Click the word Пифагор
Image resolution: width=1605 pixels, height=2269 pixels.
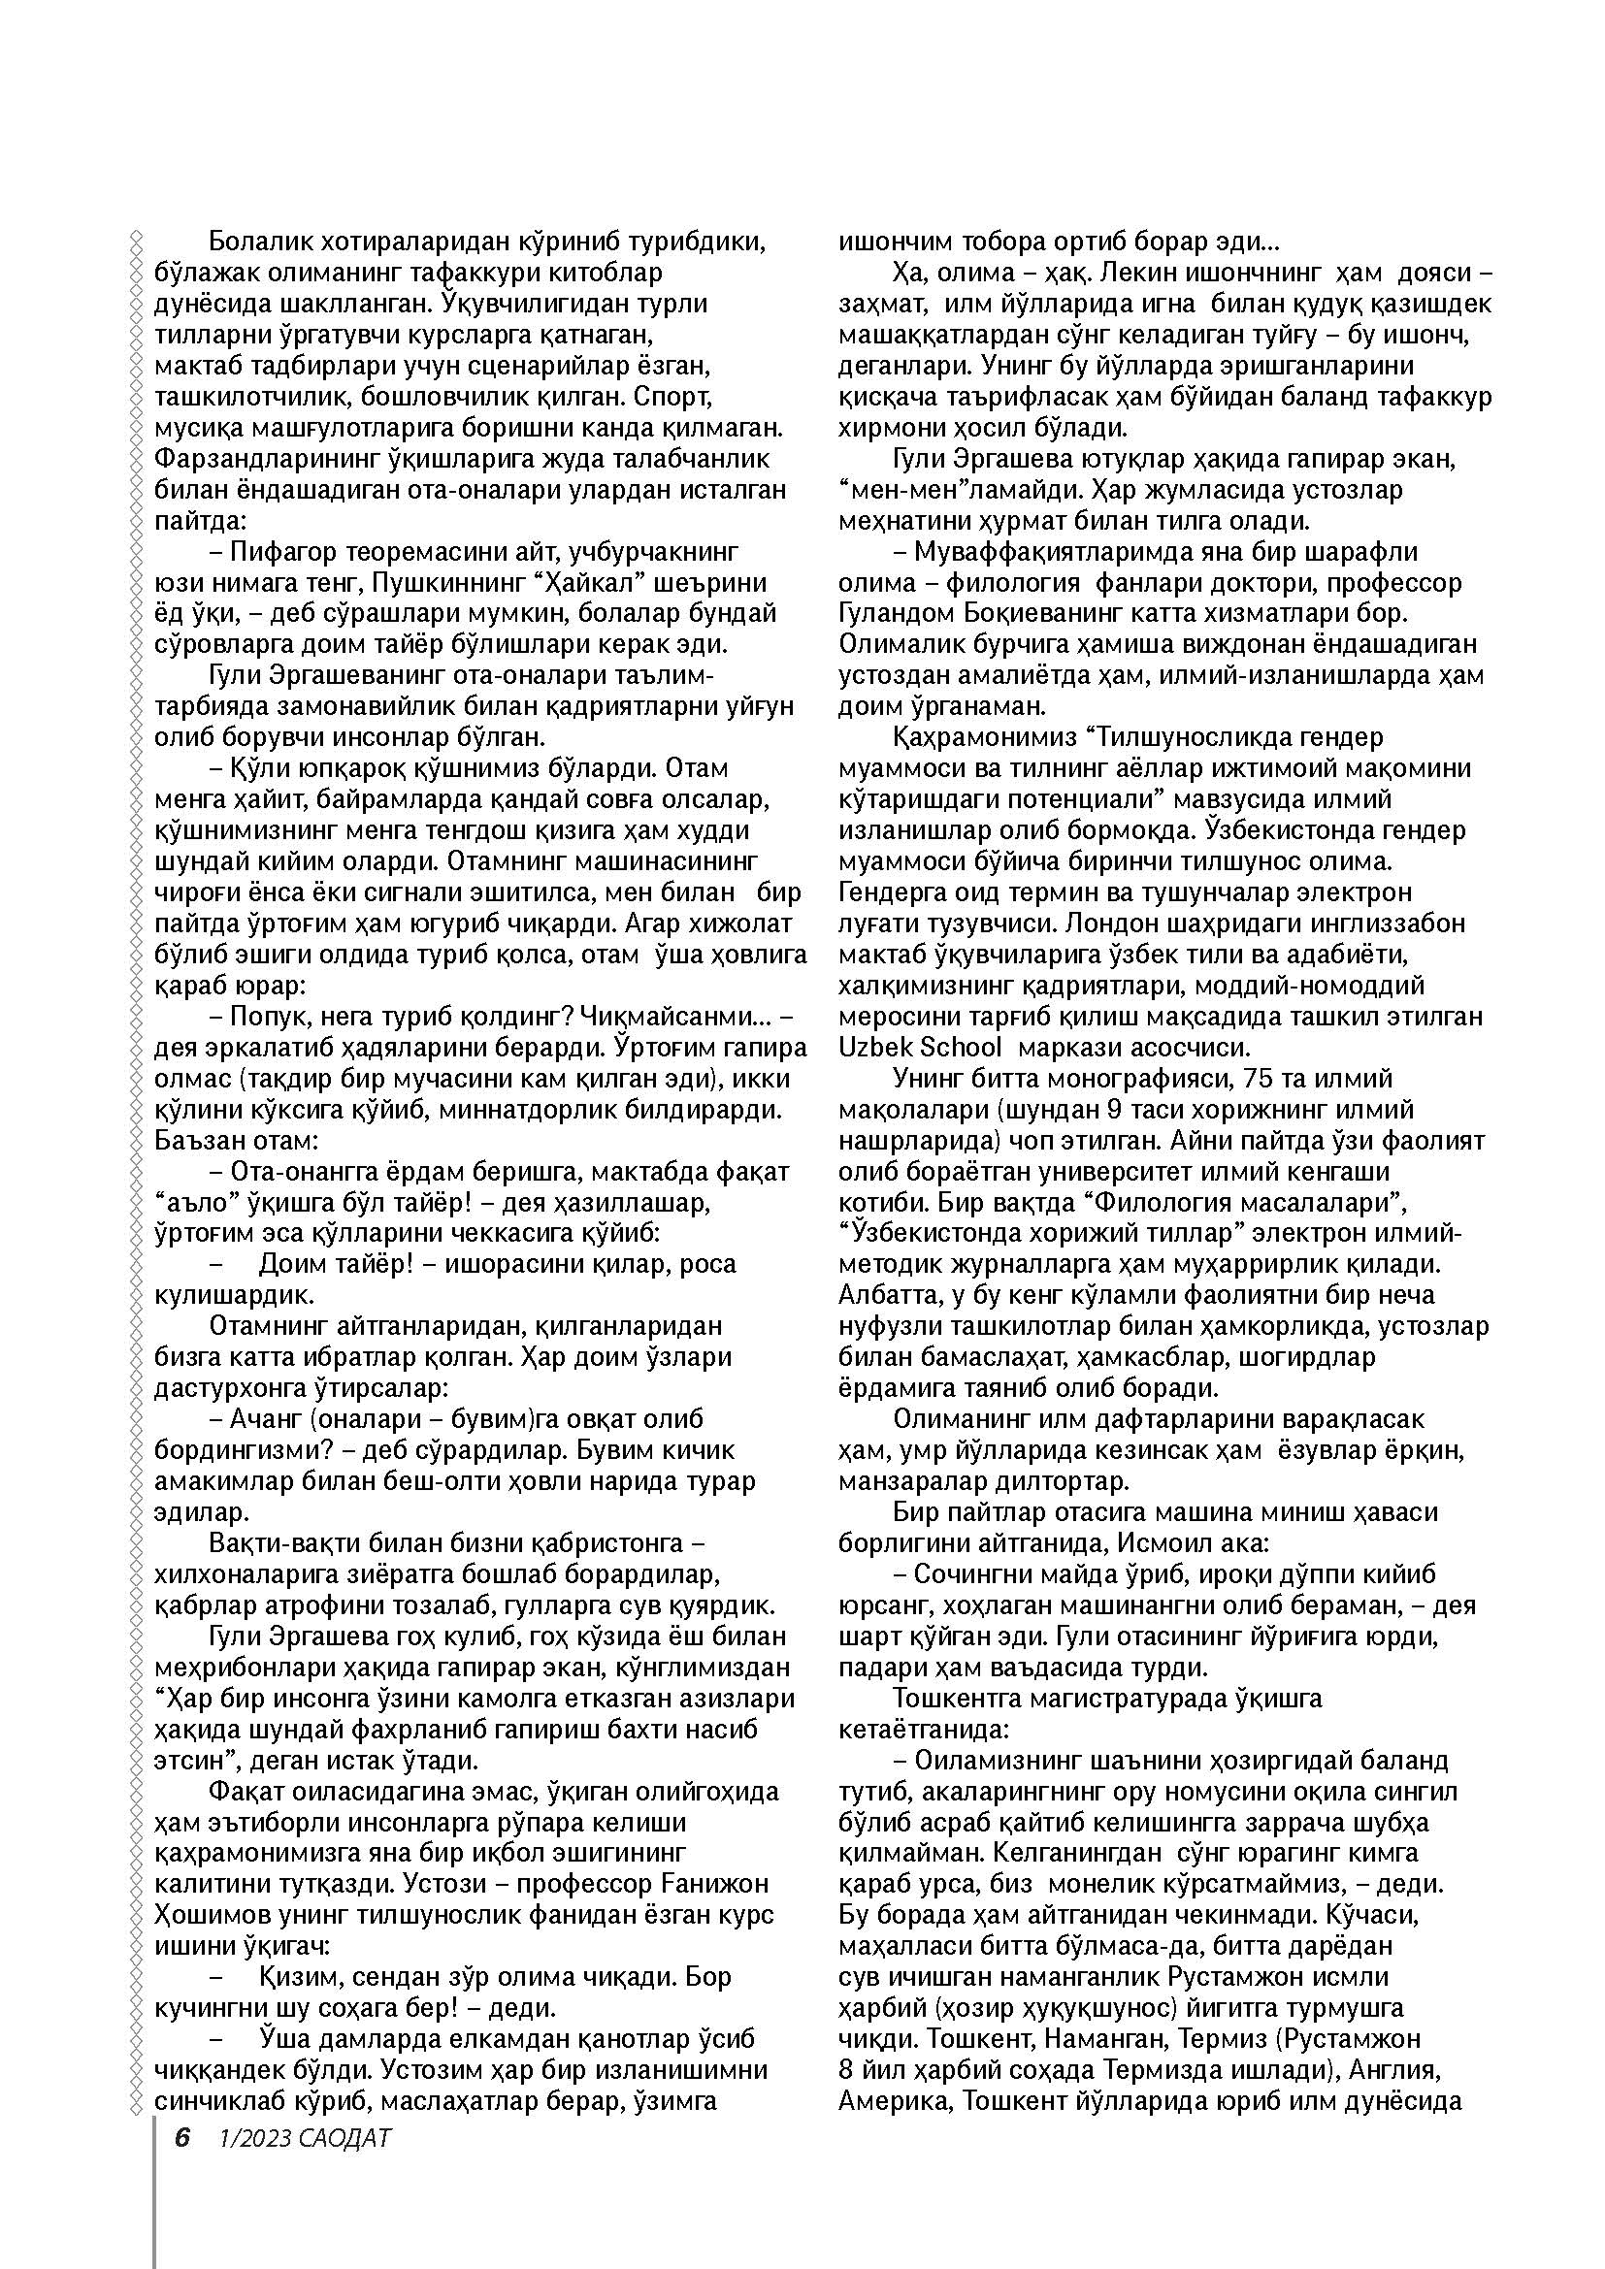(x=291, y=551)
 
